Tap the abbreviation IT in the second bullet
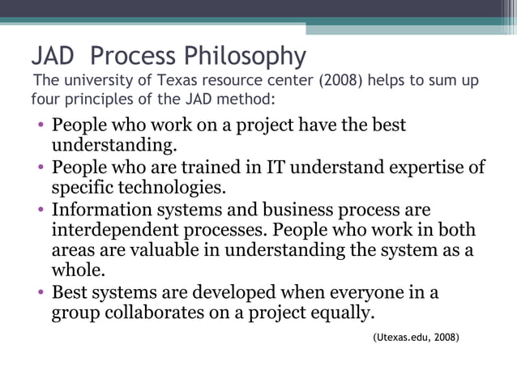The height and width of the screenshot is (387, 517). [276, 168]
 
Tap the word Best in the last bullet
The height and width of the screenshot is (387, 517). [70, 291]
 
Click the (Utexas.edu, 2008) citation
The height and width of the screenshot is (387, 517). [416, 334]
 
